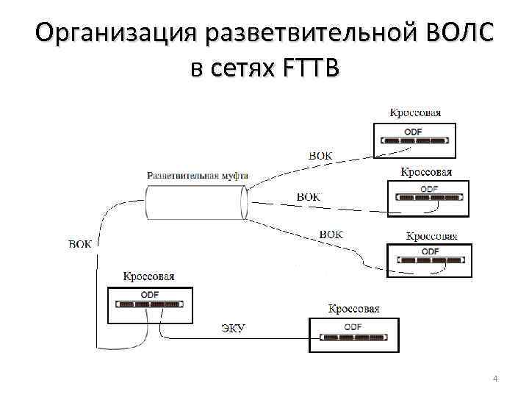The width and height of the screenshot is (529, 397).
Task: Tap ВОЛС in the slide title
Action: [458, 34]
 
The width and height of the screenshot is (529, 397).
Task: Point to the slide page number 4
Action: [495, 379]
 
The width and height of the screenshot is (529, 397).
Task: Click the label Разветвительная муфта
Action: [197, 176]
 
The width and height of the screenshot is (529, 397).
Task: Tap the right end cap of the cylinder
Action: [244, 202]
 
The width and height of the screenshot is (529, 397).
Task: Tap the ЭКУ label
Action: [234, 327]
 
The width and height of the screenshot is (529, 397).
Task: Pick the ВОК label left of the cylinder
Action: [80, 244]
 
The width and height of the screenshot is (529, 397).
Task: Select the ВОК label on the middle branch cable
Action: [308, 197]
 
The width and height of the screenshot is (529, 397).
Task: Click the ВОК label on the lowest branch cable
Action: [331, 234]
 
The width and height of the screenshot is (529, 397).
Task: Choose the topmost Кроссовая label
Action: [415, 112]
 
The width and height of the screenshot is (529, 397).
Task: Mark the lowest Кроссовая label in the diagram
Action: [353, 309]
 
